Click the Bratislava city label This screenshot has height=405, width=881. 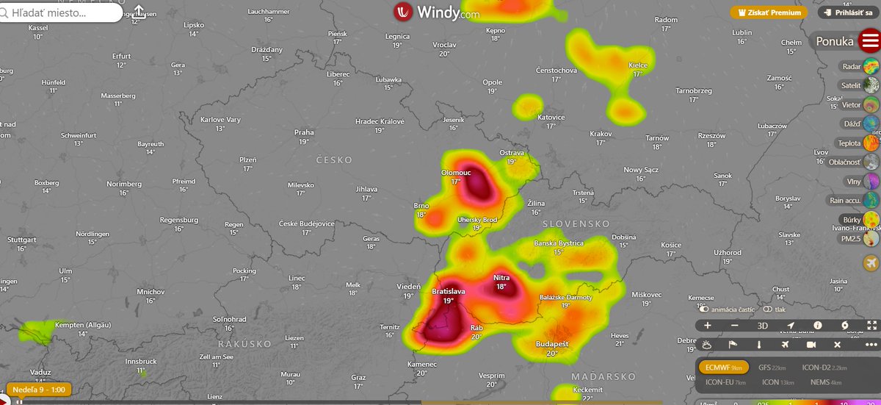coord(448,292)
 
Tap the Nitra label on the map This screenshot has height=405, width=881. coord(501,278)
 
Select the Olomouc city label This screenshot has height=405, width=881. coord(455,172)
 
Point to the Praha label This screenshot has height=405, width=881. coord(304,133)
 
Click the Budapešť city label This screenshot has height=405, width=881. coord(552,344)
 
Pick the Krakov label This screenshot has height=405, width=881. coord(600,134)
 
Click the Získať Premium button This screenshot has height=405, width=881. coord(769,12)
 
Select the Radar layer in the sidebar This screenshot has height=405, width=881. coord(860,67)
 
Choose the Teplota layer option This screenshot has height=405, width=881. coord(859,143)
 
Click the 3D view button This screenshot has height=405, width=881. coord(763,326)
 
